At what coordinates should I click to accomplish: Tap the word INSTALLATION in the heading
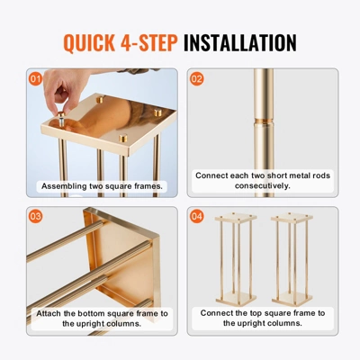pyautogui.click(x=240, y=42)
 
